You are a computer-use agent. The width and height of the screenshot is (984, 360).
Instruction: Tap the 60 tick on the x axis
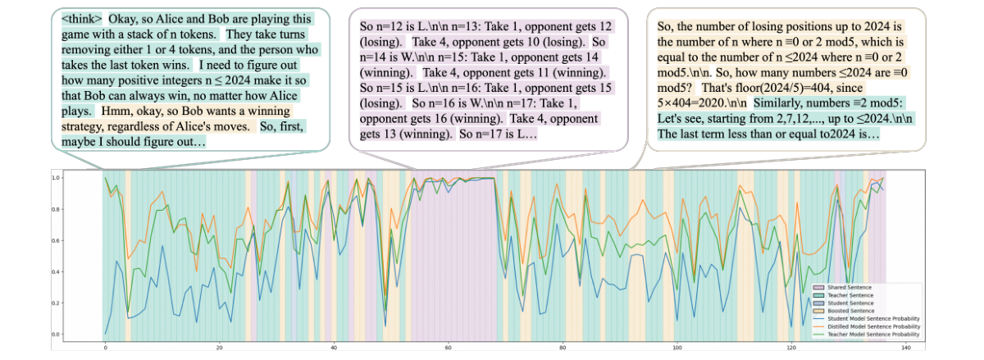click(448, 348)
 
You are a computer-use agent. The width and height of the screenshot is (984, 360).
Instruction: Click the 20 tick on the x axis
click(219, 348)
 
